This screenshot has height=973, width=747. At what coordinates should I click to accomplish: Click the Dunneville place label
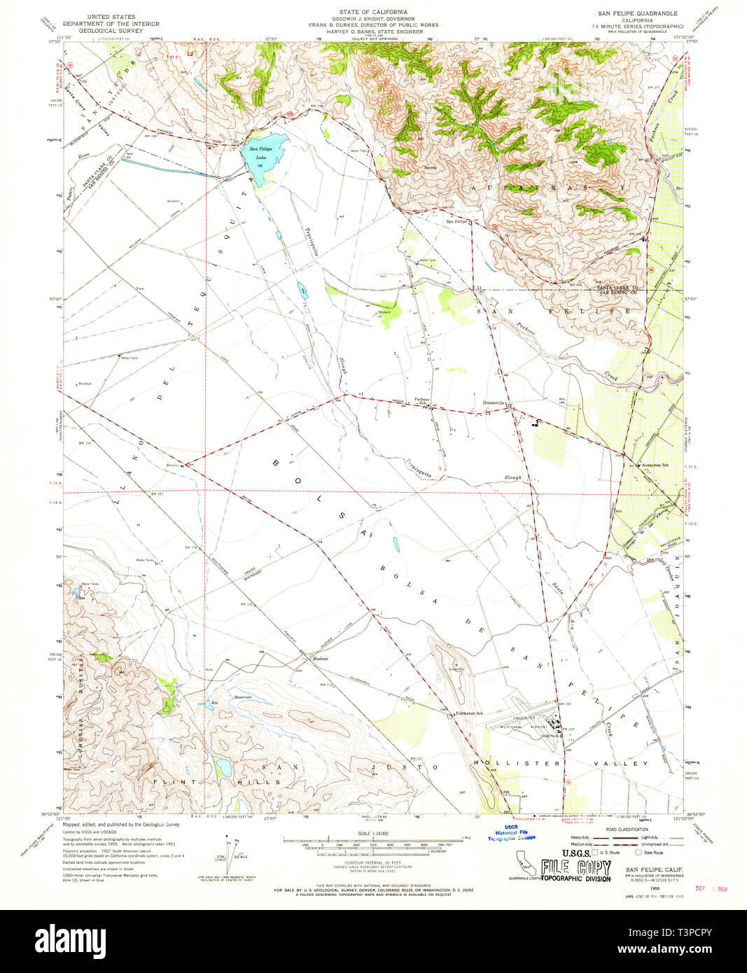pyautogui.click(x=495, y=402)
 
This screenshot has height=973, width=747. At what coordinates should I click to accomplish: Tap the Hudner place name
pyautogui.click(x=321, y=659)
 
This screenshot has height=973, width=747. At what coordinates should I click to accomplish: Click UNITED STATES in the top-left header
pyautogui.click(x=111, y=16)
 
